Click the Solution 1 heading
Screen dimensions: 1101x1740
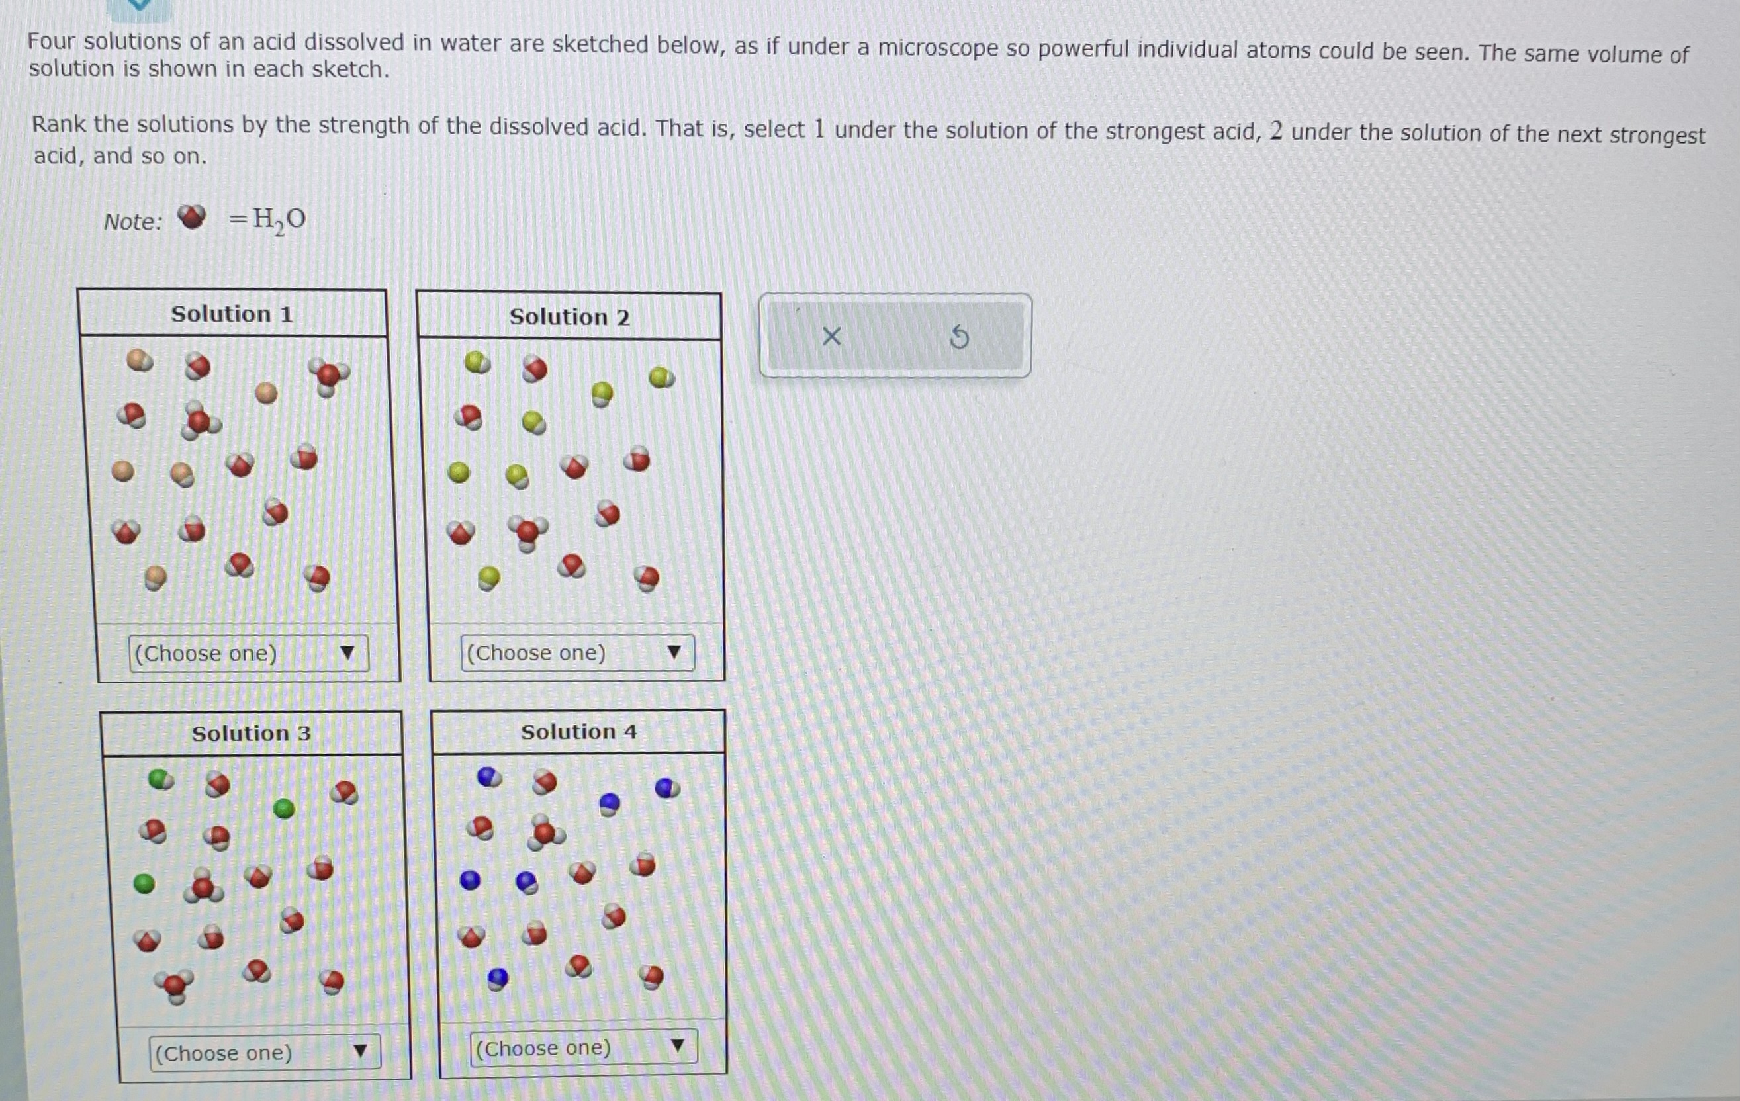[232, 314]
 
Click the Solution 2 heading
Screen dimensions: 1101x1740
[569, 317]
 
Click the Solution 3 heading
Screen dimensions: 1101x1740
[251, 734]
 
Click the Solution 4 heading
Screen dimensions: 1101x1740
[579, 732]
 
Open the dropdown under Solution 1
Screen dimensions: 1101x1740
[249, 653]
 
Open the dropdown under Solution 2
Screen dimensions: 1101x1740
[577, 653]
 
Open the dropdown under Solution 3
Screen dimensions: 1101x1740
[265, 1053]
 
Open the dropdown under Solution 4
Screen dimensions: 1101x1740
[583, 1047]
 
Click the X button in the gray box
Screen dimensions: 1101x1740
[831, 337]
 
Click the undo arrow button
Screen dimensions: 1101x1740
[959, 337]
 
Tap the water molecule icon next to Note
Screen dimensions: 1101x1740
[191, 217]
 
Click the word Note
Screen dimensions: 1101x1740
[133, 222]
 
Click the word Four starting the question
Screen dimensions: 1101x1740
[52, 41]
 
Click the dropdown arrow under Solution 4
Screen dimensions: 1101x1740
[677, 1045]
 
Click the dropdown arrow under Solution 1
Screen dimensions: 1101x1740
[347, 653]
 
